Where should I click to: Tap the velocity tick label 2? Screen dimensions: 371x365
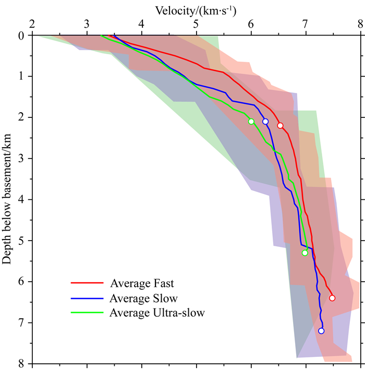tap(32, 23)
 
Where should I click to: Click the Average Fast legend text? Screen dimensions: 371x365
tap(142, 284)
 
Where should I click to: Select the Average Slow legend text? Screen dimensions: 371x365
tap(143, 298)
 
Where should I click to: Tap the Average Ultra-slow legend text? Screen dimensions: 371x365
tap(157, 313)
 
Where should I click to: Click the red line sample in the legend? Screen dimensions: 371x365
tap(86, 284)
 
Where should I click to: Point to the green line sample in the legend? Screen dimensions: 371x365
tap(86, 313)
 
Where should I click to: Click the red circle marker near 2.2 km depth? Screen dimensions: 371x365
tap(280, 126)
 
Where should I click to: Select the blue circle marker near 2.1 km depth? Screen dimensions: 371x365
tap(265, 122)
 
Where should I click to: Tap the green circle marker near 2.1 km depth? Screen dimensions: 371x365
tap(251, 122)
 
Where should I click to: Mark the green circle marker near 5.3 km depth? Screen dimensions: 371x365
tap(305, 253)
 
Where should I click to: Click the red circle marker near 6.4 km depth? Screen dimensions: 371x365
tap(332, 298)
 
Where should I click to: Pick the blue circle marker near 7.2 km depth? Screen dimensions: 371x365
tap(321, 331)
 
